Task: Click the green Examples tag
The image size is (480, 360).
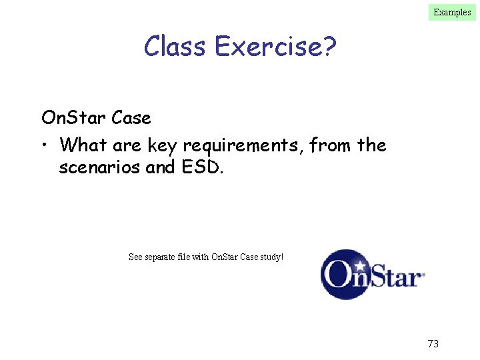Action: point(452,12)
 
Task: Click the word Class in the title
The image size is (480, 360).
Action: point(176,47)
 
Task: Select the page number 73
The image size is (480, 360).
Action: point(433,344)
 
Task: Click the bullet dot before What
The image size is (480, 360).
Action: point(45,145)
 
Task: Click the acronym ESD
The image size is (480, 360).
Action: point(203,167)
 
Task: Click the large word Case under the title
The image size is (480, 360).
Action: point(131,118)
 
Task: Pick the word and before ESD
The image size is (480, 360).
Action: point(160,167)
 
